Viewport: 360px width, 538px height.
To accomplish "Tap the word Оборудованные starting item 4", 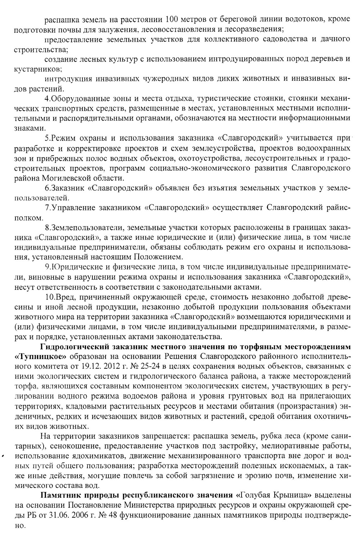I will [75, 98].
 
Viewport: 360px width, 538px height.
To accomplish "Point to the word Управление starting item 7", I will [72, 207].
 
